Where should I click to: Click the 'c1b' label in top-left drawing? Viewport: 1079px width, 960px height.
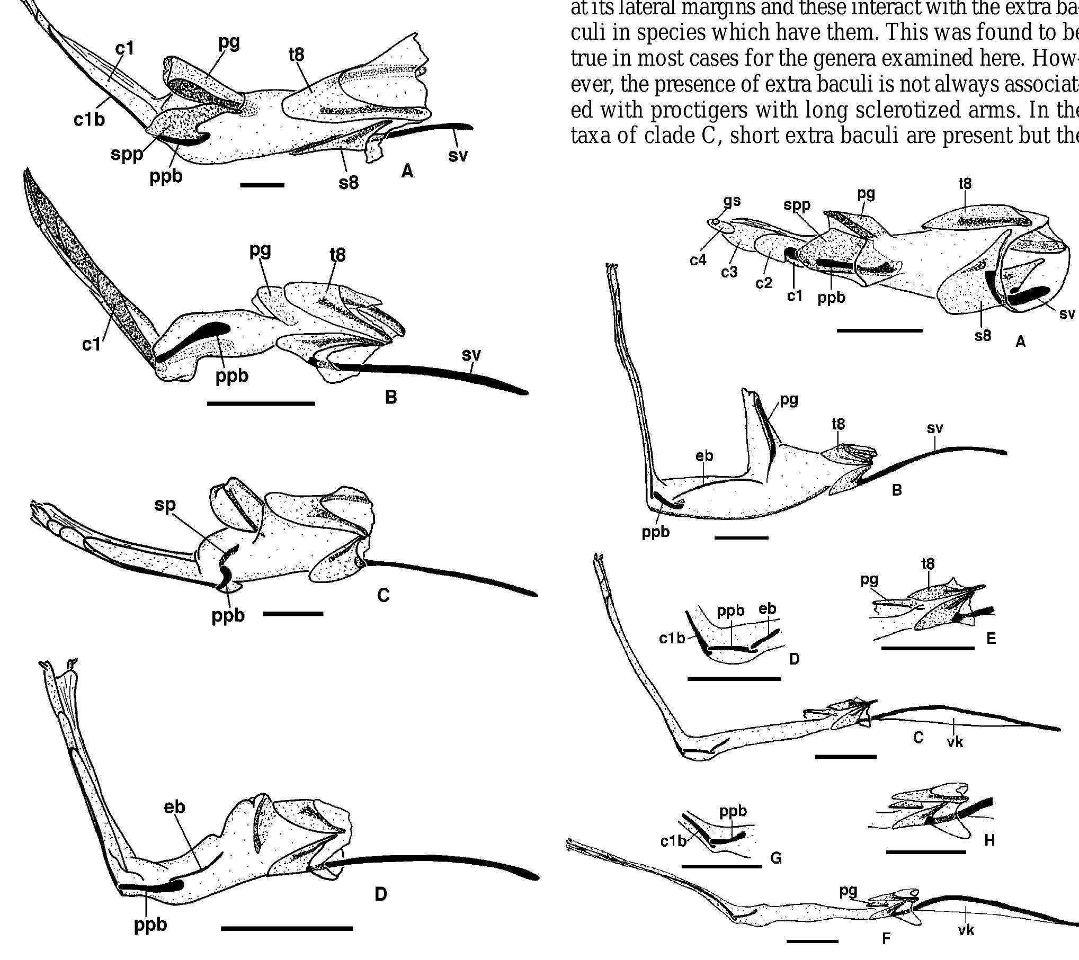89,120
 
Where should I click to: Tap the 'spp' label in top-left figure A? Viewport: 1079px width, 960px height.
127,154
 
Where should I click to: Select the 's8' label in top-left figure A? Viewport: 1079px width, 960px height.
349,183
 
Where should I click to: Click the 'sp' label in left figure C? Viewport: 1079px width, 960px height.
165,505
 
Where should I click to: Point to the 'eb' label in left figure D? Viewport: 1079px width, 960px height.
175,807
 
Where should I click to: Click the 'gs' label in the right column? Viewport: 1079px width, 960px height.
732,201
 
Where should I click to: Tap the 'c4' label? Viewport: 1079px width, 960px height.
698,260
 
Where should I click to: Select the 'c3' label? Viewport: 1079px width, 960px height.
729,272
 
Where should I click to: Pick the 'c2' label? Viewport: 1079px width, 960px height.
764,283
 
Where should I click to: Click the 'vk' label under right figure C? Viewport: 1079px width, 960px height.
955,742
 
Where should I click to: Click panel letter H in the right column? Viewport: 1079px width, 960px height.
989,855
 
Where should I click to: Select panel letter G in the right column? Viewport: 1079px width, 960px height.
776,872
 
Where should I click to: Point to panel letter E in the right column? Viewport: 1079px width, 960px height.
991,639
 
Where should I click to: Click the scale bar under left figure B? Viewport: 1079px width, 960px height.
261,403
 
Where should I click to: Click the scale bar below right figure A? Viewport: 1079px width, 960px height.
879,330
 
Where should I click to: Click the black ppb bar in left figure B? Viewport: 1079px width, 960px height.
196,339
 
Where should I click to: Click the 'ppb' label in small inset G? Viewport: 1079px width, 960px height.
733,811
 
